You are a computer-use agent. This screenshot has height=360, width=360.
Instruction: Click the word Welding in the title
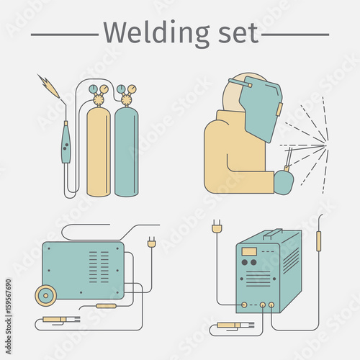[x=157, y=34]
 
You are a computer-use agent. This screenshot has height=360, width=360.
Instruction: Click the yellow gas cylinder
[x=99, y=152]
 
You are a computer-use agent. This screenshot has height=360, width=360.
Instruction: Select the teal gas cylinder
[x=127, y=152]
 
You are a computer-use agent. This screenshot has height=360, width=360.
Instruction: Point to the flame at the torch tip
[x=49, y=86]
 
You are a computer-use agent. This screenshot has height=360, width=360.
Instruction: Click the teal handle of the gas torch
[x=66, y=144]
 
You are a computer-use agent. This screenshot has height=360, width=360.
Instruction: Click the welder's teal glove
[x=284, y=182]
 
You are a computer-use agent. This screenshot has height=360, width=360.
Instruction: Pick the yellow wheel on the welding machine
[x=46, y=295]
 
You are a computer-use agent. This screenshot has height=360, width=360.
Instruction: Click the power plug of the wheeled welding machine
[x=152, y=242]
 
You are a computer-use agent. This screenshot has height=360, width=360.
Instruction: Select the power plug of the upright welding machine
[x=217, y=226]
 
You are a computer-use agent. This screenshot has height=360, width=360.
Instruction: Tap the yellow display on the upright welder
[x=249, y=251]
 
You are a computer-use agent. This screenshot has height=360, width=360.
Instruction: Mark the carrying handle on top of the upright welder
[x=273, y=233]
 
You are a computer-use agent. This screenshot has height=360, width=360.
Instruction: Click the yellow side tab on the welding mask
[x=279, y=109]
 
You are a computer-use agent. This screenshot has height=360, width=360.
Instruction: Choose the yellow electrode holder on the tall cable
[x=319, y=241]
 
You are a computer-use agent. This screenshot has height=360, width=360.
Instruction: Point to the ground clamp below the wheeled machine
[x=61, y=320]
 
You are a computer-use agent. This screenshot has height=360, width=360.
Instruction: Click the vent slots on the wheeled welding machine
[x=99, y=267]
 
